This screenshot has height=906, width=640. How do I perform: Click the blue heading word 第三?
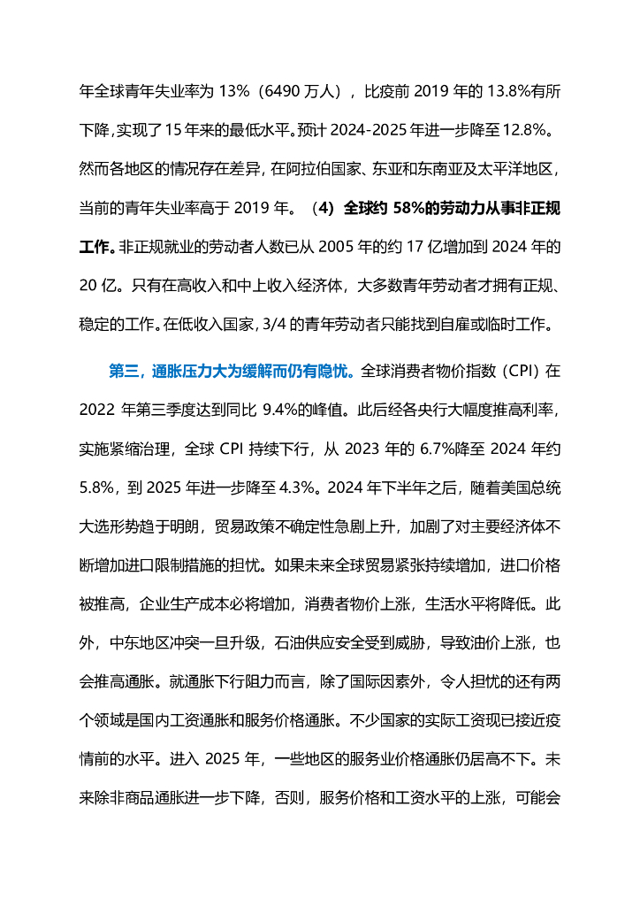pyautogui.click(x=123, y=372)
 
